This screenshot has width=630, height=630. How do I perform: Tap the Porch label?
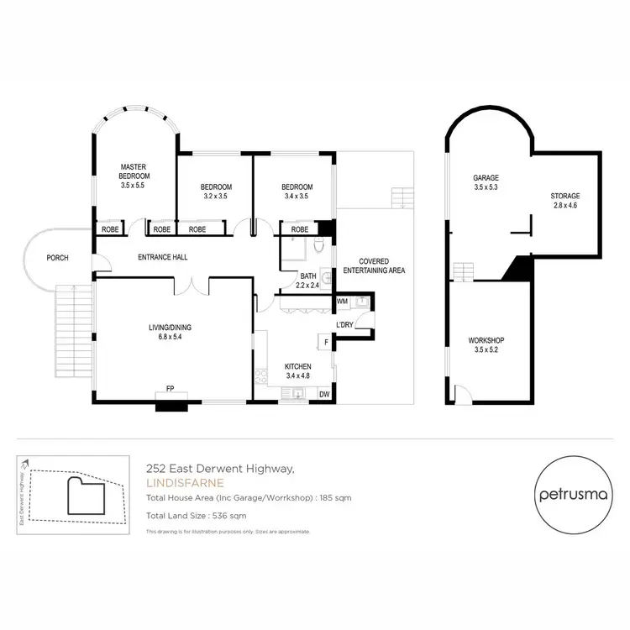pyautogui.click(x=58, y=258)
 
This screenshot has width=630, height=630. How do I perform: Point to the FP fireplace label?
pyautogui.click(x=171, y=388)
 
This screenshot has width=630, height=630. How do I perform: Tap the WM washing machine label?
pyautogui.click(x=342, y=301)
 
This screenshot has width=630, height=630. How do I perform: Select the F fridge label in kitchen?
pyautogui.click(x=324, y=341)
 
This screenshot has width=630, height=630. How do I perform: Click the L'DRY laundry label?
pyautogui.click(x=344, y=324)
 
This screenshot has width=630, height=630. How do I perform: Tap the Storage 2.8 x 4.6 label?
pyautogui.click(x=564, y=201)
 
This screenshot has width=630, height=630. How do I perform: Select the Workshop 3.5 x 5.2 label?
pyautogui.click(x=485, y=345)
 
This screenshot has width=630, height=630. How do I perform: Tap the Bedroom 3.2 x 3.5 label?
pyautogui.click(x=216, y=192)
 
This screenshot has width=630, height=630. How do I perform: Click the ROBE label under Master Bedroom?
pyautogui.click(x=110, y=228)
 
